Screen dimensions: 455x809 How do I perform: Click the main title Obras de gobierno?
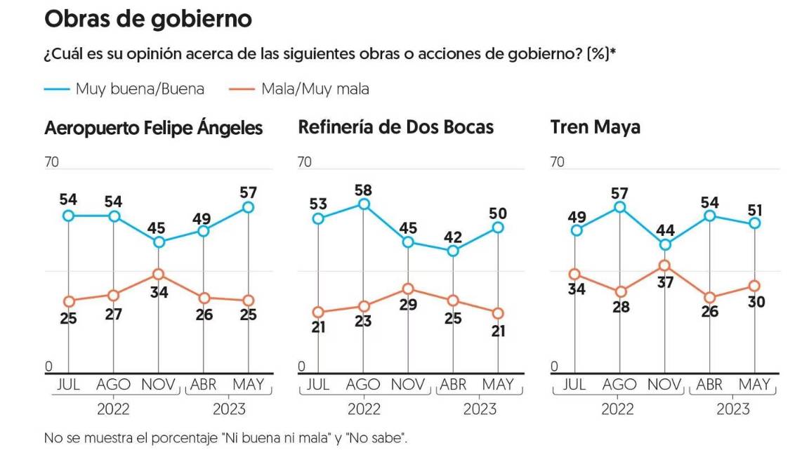pyautogui.click(x=147, y=20)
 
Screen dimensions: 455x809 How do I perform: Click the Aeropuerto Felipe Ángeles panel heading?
pyautogui.click(x=154, y=128)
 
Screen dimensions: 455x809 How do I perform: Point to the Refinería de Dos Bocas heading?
pyautogui.click(x=396, y=127)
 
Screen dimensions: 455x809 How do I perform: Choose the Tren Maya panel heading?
pyautogui.click(x=595, y=128)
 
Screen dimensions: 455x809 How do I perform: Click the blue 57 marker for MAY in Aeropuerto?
pyautogui.click(x=248, y=207)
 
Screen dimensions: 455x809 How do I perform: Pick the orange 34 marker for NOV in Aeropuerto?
pyautogui.click(x=158, y=274)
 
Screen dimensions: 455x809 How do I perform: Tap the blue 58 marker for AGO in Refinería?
pyautogui.click(x=363, y=204)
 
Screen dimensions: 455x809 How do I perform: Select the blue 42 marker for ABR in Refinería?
pyautogui.click(x=453, y=251)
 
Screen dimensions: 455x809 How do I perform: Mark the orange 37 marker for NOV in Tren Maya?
pyautogui.click(x=664, y=265)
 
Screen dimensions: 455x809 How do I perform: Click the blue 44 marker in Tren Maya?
pyautogui.click(x=664, y=245)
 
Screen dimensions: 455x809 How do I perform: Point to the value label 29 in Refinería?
pyautogui.click(x=409, y=305)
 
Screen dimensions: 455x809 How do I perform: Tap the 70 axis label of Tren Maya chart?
pyautogui.click(x=558, y=162)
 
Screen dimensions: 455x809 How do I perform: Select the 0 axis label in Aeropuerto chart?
pyautogui.click(x=48, y=367)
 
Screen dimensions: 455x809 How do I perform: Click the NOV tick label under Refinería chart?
pyautogui.click(x=408, y=385)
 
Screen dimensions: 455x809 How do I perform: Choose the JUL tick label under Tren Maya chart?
pyautogui.click(x=574, y=385)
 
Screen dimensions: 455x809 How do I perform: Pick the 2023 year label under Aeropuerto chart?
pyautogui.click(x=228, y=409)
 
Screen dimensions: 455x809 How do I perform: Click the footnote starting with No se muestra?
pyautogui.click(x=225, y=438)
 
